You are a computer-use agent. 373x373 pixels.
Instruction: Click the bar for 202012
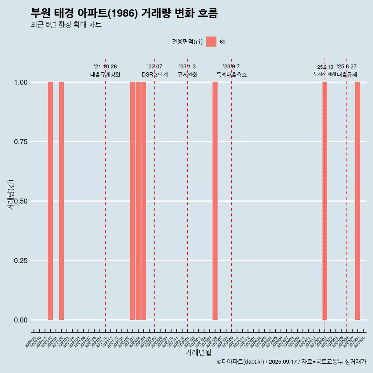tap(50, 201)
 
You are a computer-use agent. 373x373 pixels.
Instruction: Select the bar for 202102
tap(61, 201)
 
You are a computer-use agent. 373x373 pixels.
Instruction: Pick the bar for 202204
tap(138, 201)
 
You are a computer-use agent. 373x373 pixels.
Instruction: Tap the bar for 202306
tap(215, 201)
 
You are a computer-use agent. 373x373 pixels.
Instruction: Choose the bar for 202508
tap(357, 201)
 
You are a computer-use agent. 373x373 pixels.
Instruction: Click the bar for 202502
tap(325, 201)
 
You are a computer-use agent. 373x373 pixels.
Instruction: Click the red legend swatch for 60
tap(211, 42)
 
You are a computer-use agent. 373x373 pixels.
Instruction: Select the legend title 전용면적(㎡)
tap(187, 42)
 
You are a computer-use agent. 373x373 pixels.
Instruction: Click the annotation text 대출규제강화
tap(105, 75)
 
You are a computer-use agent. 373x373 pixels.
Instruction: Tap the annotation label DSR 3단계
tap(155, 75)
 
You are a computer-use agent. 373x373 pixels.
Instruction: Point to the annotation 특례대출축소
tap(232, 75)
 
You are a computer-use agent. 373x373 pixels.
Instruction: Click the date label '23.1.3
tap(187, 67)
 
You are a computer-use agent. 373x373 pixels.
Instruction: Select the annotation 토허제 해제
tap(325, 74)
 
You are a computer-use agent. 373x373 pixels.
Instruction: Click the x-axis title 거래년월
tap(198, 352)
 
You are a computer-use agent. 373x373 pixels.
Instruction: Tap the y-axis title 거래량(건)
tap(10, 194)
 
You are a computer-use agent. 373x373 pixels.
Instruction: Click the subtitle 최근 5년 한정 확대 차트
tap(66, 25)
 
